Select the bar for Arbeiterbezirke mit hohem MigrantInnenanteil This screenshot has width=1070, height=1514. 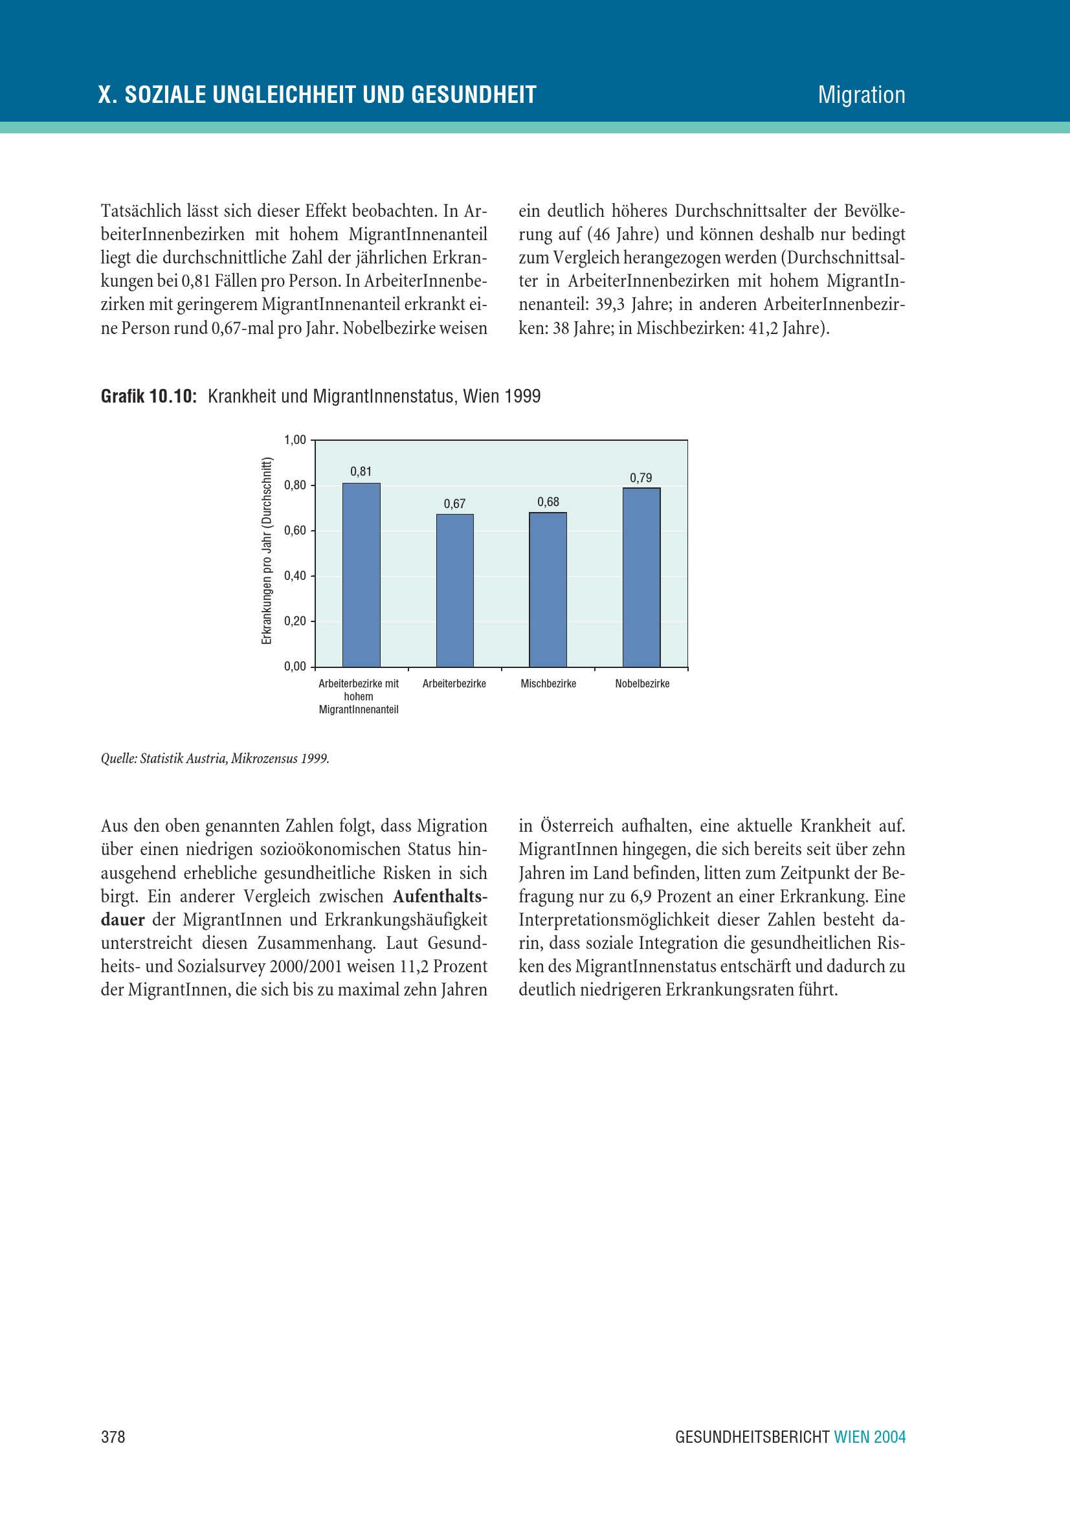point(361,574)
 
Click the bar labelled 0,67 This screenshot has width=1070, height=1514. point(454,590)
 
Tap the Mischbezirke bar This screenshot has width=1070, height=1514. point(548,589)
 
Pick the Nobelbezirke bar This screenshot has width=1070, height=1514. point(641,577)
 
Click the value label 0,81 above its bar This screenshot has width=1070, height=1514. point(361,471)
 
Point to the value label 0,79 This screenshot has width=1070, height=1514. point(641,478)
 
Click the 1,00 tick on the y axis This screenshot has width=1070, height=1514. point(295,440)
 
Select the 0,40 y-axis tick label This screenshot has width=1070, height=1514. point(295,575)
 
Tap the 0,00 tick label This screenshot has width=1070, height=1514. point(295,667)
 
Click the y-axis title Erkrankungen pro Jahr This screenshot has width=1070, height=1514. point(266,551)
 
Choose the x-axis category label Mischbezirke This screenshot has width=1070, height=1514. point(548,684)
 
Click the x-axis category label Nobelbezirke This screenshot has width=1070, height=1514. point(642,684)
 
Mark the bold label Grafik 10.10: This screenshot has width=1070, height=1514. point(148,396)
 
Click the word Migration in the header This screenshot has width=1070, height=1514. point(861,95)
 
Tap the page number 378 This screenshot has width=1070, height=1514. point(113,1437)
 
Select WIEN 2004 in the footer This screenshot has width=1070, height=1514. point(869,1437)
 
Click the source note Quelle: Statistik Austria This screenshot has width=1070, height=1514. point(215,759)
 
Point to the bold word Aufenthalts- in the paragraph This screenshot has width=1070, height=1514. point(440,896)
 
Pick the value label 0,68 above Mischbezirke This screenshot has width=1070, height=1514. point(548,502)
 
